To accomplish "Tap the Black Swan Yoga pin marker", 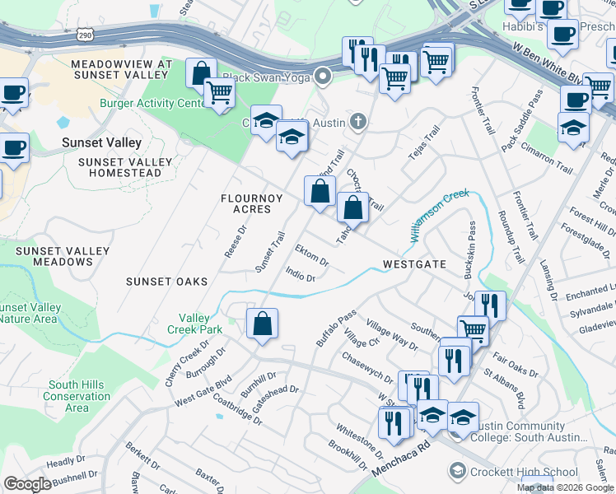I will coord(324,77).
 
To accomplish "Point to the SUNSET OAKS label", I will coord(166,282).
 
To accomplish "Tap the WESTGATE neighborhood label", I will coord(414,264).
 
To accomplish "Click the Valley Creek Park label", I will coord(201,324).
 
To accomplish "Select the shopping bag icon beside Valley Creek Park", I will coord(262,324).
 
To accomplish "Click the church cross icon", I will coord(357,123).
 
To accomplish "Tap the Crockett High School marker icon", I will coord(457,471).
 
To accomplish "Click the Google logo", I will coord(26,483).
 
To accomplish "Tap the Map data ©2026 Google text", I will coord(565,487).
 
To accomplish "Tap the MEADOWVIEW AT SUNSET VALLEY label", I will coord(121,69).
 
